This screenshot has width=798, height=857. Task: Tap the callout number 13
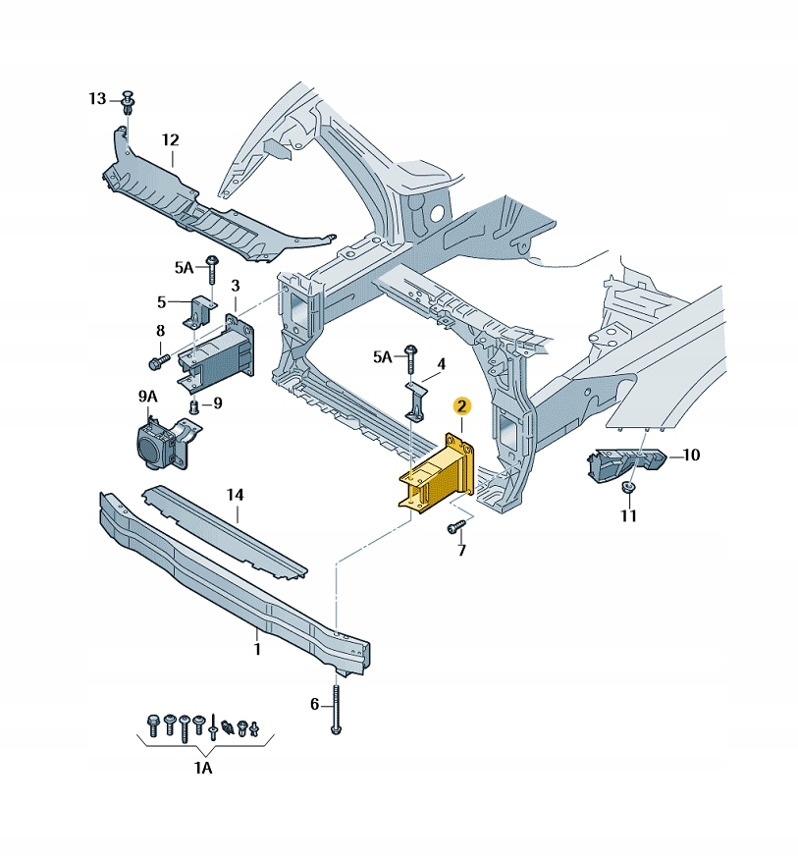[96, 98]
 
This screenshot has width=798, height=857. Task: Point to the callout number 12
[171, 139]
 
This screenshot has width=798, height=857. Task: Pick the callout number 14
[234, 496]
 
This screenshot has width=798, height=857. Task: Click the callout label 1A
[202, 768]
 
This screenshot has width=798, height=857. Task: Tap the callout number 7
[460, 552]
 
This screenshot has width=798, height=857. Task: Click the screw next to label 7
[454, 528]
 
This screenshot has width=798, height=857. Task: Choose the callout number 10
[691, 455]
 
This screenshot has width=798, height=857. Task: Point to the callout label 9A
[147, 396]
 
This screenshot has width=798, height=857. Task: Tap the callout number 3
[235, 286]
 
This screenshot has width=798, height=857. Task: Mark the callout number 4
[442, 364]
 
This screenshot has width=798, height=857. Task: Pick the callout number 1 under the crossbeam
[256, 649]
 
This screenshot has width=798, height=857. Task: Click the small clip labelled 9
[194, 405]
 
